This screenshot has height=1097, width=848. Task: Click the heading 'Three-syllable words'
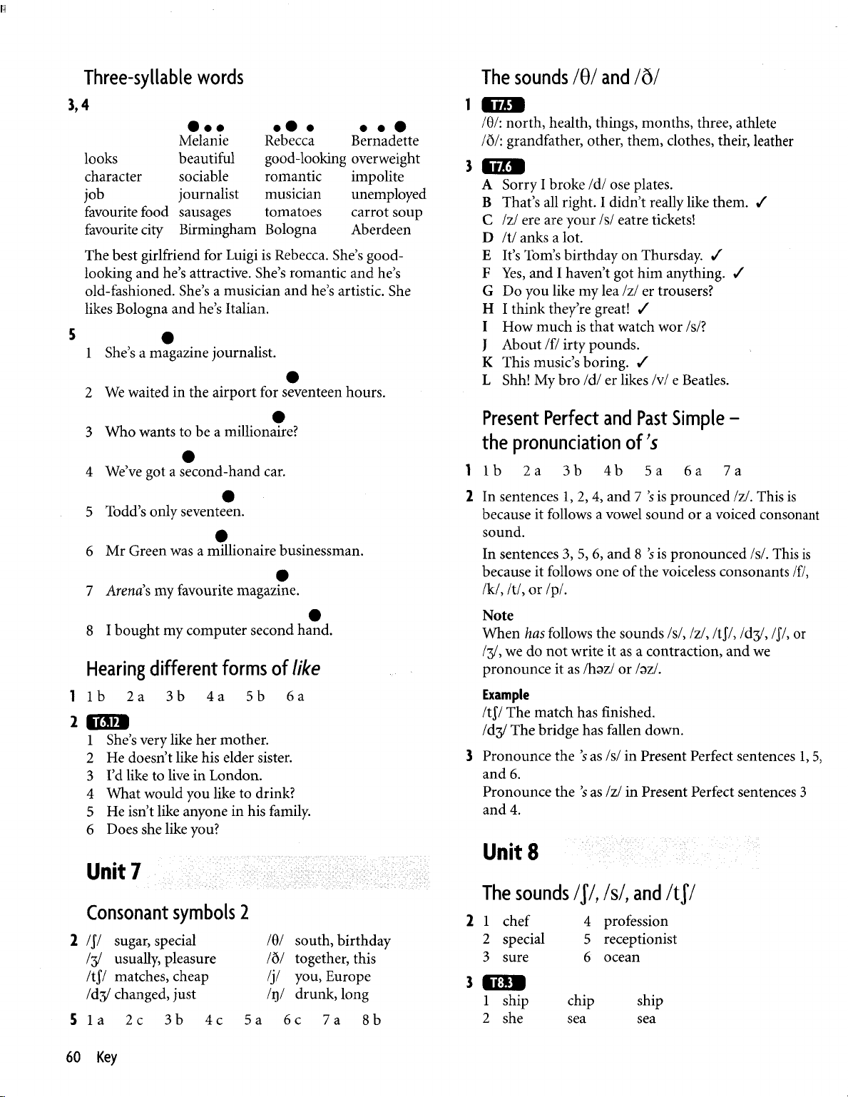tap(164, 77)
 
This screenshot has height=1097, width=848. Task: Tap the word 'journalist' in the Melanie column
tap(209, 194)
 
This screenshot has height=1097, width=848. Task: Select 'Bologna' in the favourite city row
tap(290, 230)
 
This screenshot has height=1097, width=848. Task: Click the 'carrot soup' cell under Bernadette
tap(387, 212)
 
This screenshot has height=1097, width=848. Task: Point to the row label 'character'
tap(113, 176)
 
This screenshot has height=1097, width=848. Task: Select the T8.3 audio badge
tap(503, 983)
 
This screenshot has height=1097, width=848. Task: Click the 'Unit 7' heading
tap(113, 871)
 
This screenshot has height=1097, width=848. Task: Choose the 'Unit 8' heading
tap(511, 852)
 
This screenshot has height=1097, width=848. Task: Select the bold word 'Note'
tap(498, 615)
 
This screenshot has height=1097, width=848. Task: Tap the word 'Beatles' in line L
tap(705, 379)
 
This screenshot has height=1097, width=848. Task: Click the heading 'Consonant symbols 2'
tap(167, 912)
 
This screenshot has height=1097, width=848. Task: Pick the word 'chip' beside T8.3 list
tap(581, 1001)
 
